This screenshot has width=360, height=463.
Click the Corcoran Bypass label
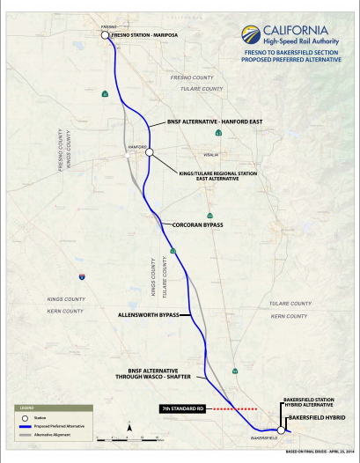coord(197,224)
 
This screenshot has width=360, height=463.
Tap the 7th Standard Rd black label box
coord(182,409)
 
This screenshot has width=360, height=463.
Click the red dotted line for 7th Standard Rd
coord(231,409)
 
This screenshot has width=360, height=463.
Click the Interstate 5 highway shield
coord(81,276)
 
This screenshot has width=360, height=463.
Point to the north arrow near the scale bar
coord(129,427)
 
